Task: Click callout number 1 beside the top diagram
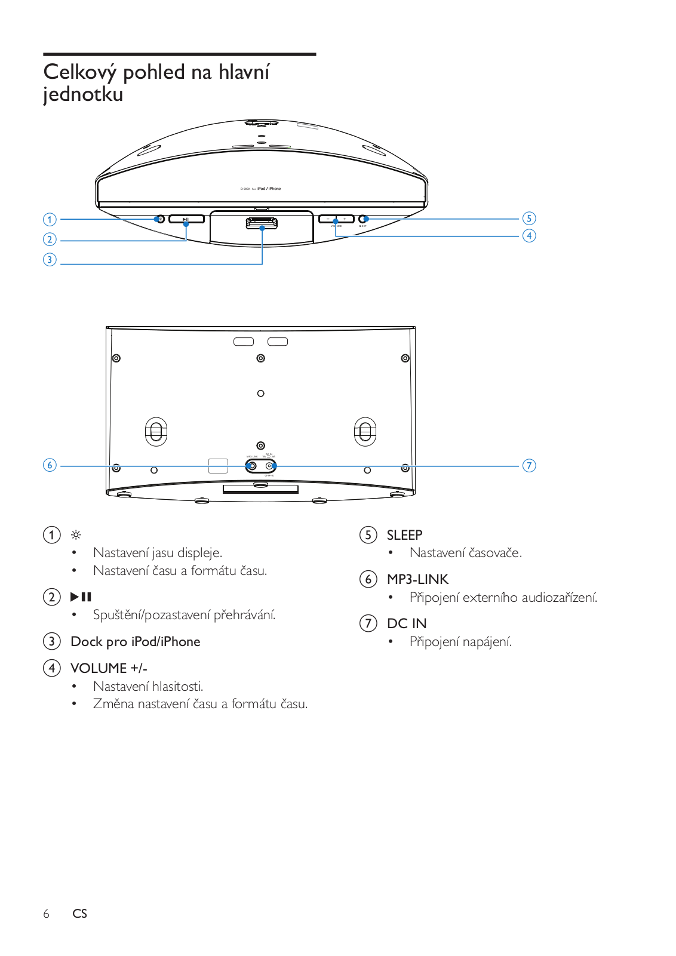pos(50,219)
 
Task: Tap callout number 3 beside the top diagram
pos(50,260)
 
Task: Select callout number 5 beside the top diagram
pos(528,218)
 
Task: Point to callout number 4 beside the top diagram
pos(528,235)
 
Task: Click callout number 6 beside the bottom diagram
pos(50,465)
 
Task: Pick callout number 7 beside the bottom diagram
pos(529,465)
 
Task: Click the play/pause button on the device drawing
pos(186,219)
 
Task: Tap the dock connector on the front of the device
pos(262,223)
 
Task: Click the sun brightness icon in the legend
pos(76,535)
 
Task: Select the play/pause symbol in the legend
pos(81,597)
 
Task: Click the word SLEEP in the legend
pos(404,535)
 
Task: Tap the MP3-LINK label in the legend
pos(417,579)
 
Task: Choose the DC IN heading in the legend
pos(407,623)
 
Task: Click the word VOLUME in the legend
pos(99,668)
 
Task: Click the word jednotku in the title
pos(83,95)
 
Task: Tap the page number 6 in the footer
pos(46,914)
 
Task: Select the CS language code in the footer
pos(79,914)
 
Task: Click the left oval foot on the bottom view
pos(156,431)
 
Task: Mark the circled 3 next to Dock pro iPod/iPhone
pos(52,641)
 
